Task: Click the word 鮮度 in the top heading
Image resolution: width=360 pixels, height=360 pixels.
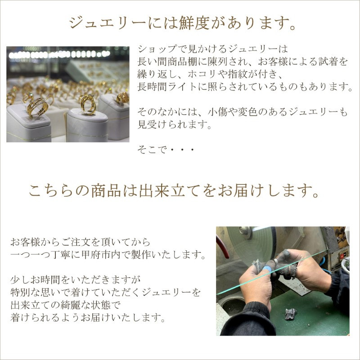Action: click(x=194, y=23)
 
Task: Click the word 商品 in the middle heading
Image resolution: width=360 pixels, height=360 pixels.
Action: click(x=106, y=191)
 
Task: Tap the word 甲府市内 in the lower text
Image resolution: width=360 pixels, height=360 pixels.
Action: click(x=101, y=254)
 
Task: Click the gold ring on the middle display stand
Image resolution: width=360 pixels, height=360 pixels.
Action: click(x=88, y=104)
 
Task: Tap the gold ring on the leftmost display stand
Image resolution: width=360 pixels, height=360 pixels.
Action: click(x=37, y=107)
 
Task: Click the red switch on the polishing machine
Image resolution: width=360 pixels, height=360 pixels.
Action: click(x=342, y=256)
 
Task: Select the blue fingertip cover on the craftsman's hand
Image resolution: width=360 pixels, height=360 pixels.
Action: click(x=267, y=269)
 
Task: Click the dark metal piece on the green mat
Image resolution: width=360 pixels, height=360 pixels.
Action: click(x=291, y=314)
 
